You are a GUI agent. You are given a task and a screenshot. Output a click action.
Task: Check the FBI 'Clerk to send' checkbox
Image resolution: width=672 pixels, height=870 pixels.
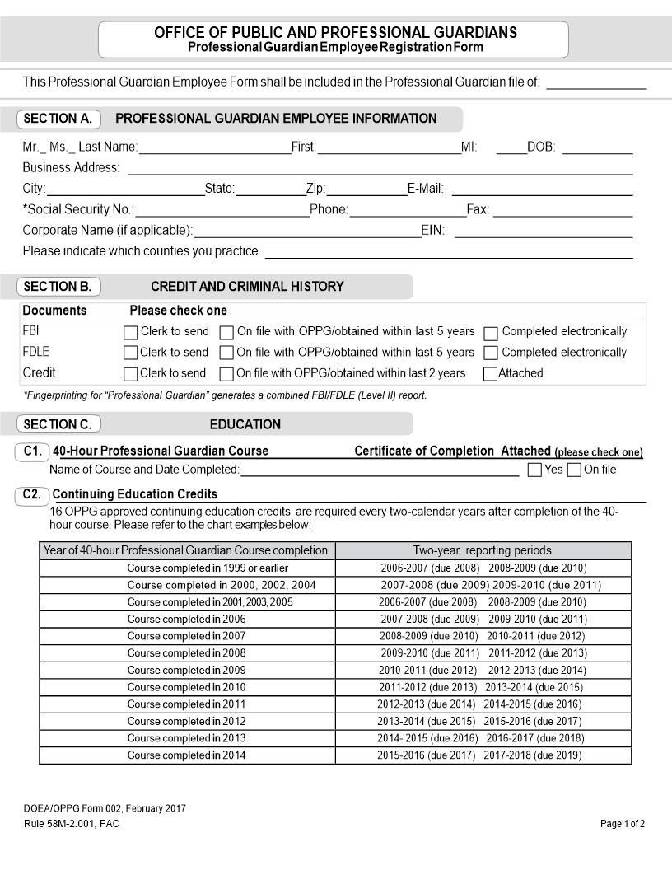tap(130, 333)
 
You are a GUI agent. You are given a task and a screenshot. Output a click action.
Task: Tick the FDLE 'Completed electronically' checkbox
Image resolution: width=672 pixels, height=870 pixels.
tap(491, 353)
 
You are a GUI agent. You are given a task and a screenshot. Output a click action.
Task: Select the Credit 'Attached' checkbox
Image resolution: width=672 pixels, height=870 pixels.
tap(491, 374)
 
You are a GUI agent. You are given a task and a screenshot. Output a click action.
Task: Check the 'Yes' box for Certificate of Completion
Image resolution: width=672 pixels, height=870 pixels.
tap(534, 470)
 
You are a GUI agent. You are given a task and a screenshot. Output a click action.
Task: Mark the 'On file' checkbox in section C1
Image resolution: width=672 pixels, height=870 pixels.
tap(575, 470)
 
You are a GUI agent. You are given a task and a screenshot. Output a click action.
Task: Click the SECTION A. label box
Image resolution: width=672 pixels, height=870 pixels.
tap(58, 119)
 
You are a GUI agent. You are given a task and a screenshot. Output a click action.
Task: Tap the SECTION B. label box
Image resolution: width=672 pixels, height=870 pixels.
tap(58, 287)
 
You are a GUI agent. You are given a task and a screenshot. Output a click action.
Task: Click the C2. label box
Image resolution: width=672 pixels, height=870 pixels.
tap(32, 495)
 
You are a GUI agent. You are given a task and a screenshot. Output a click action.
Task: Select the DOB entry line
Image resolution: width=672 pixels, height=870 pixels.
tap(597, 148)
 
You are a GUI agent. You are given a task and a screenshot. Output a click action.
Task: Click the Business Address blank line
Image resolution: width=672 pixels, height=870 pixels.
tap(379, 169)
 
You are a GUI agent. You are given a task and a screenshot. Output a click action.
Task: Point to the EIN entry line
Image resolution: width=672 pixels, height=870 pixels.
tap(543, 232)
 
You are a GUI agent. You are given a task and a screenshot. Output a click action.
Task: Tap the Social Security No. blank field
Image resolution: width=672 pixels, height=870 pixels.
tap(222, 210)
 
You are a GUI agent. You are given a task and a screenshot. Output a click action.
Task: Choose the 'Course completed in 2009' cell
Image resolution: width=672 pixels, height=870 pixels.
tap(187, 671)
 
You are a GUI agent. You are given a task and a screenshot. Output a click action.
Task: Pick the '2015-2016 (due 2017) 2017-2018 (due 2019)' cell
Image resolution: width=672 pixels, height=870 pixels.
tap(483, 755)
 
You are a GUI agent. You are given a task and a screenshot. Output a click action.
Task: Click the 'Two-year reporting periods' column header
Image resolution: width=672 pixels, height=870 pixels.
tap(483, 550)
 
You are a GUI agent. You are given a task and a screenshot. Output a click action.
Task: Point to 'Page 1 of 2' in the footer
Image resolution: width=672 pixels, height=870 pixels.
tap(623, 824)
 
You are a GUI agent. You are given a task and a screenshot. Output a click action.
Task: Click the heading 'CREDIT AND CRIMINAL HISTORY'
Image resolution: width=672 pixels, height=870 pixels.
tap(247, 287)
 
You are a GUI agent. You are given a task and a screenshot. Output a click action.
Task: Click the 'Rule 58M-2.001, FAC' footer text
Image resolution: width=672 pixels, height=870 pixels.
tap(72, 824)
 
